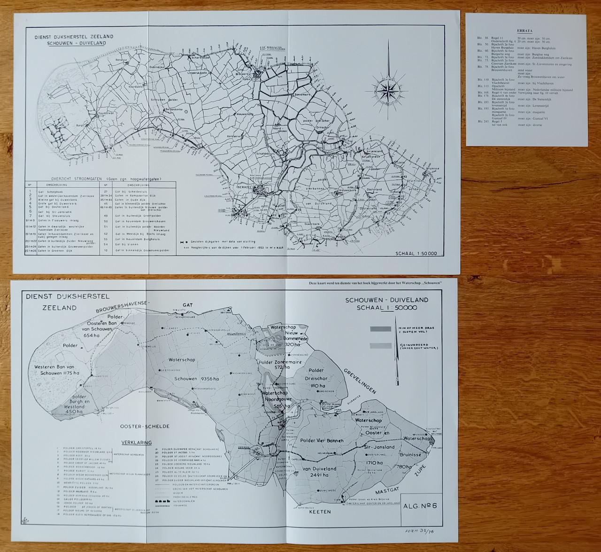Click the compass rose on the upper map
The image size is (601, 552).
click(x=388, y=88)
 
